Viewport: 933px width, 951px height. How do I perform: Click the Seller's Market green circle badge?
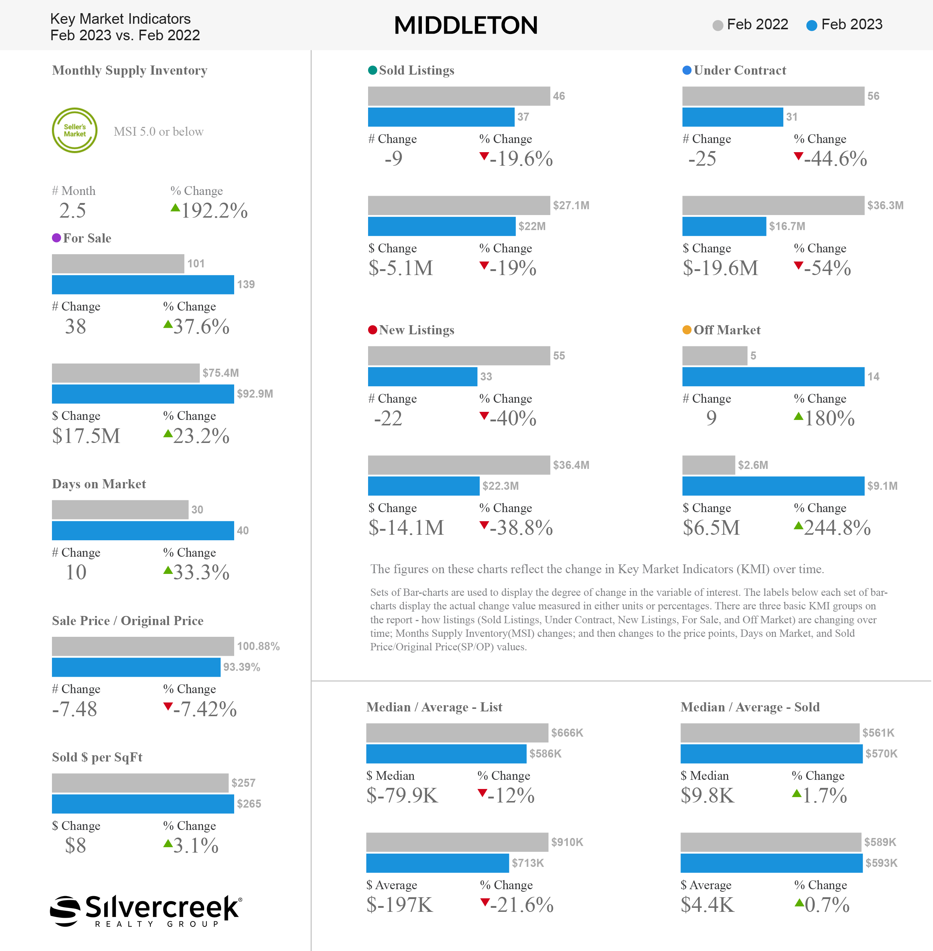pos(75,130)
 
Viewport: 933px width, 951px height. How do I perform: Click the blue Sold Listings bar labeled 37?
pos(441,117)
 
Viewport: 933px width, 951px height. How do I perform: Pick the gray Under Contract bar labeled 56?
pos(773,96)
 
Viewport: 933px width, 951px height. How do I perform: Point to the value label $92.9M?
pos(255,394)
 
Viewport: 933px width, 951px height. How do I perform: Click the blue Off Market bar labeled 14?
pos(773,377)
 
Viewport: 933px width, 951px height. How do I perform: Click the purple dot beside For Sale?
pos(56,238)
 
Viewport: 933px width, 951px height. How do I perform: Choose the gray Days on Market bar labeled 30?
pos(120,510)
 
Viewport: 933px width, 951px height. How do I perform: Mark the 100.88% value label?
pos(258,646)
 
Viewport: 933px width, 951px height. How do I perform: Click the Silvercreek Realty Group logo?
pos(146,911)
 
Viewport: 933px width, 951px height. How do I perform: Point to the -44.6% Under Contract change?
pos(835,159)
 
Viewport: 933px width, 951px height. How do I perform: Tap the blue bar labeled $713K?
pos(438,863)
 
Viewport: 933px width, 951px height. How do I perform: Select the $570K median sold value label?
pos(881,754)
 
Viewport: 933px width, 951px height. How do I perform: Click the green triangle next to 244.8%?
pos(798,526)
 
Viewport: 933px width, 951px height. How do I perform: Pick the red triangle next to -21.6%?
pos(485,902)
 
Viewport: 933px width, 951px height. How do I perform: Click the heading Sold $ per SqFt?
pos(97,758)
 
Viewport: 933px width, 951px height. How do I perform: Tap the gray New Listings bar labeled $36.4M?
pos(459,465)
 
